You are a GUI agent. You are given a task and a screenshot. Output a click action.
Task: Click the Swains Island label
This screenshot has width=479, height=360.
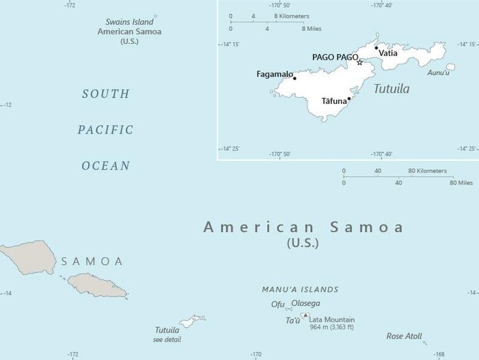point(129,22)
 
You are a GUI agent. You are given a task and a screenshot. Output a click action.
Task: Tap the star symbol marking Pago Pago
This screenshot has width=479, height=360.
point(360,62)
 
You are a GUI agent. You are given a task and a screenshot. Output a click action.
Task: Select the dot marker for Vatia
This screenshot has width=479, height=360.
point(376,48)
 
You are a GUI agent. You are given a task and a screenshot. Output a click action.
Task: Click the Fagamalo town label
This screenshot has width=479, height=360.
point(274,74)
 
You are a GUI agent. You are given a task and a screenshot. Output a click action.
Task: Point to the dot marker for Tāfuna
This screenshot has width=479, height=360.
point(349,98)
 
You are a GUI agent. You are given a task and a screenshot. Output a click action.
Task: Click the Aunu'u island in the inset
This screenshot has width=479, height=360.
point(450,67)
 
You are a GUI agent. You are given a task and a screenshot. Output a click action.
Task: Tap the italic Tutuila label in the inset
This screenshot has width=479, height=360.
point(391,89)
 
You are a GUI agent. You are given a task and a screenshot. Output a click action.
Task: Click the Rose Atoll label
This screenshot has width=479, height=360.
point(404,336)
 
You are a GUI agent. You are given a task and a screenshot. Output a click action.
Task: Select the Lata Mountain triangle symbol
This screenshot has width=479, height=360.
point(305,316)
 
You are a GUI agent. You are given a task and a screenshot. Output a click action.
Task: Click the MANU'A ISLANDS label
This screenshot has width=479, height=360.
point(300,290)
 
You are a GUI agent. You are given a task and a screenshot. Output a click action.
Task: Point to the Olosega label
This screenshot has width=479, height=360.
point(305,303)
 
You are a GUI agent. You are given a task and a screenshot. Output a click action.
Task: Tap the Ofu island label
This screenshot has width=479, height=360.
point(277,304)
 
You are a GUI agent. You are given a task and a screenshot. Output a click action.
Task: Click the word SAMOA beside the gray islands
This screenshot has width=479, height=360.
point(92,261)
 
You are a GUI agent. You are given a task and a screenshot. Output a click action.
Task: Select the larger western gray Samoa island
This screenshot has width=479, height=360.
point(27,256)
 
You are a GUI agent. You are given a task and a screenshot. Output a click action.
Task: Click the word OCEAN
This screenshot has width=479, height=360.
point(105,166)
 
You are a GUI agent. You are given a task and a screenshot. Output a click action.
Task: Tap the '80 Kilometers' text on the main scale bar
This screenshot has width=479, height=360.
point(428,170)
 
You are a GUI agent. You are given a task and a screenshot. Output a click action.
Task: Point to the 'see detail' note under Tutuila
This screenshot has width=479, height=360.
point(168,339)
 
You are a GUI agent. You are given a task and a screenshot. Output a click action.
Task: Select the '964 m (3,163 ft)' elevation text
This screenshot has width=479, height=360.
point(333,328)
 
